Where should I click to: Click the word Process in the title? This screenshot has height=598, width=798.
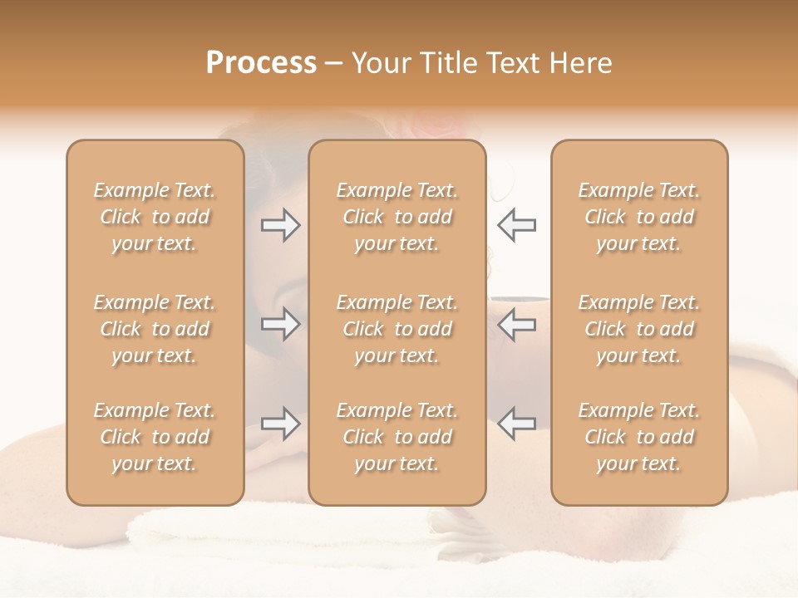pos(261,63)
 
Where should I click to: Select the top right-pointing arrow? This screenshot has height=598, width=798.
pos(280,225)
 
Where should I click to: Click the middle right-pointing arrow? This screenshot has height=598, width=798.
pos(280,324)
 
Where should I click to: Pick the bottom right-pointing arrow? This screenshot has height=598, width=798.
pos(280,424)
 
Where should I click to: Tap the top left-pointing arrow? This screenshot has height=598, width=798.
pos(516,225)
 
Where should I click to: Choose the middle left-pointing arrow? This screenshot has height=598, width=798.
pos(516,324)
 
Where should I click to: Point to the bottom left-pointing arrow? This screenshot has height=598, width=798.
pos(516,424)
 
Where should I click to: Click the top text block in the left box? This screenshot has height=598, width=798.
pos(155,217)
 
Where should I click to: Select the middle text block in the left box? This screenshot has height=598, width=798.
pos(155,329)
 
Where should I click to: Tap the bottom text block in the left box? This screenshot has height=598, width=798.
pos(155,437)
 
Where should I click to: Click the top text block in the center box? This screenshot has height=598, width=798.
pos(397,217)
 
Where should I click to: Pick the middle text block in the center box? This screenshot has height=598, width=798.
pos(397,329)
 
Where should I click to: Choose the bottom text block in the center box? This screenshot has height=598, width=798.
pos(397,437)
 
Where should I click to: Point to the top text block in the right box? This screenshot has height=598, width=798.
pos(639,217)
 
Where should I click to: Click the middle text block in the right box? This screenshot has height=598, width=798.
pos(639,329)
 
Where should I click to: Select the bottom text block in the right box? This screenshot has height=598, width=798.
pos(639,437)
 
